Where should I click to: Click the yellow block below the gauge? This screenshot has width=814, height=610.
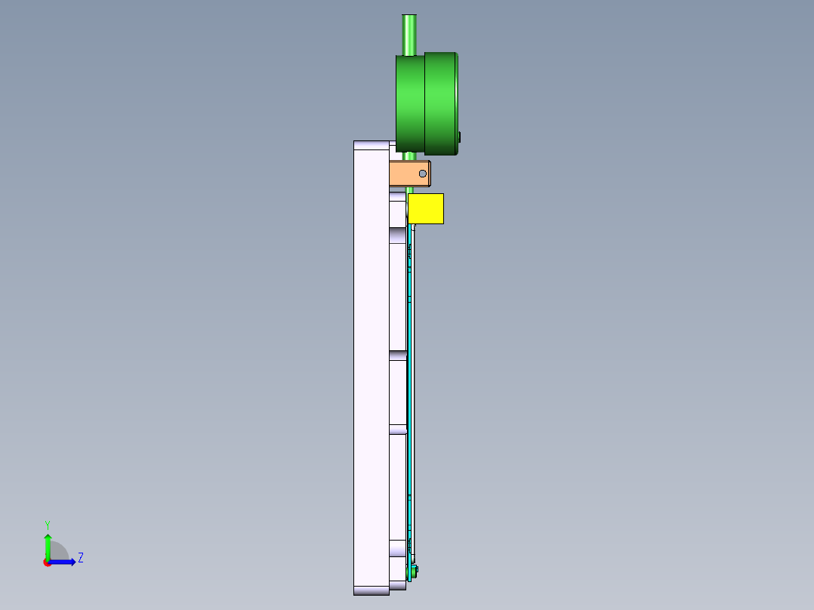tap(425, 208)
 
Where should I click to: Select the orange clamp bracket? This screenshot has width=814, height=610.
tap(404, 174)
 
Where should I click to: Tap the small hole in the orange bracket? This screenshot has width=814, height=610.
tap(423, 174)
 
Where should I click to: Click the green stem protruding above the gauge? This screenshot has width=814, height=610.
tap(409, 34)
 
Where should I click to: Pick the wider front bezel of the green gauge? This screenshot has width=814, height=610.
tap(440, 103)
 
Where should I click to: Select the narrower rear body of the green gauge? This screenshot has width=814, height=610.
tap(410, 103)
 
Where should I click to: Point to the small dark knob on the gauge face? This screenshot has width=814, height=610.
tap(460, 137)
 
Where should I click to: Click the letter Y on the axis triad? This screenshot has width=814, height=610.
tap(47, 524)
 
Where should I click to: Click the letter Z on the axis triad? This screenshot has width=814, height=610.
tap(80, 558)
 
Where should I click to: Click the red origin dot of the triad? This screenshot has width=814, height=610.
tap(47, 562)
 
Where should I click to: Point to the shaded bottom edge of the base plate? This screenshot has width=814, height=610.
tap(371, 590)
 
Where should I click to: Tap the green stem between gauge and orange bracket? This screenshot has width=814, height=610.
tap(409, 156)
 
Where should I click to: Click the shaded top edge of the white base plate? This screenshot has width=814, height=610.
tap(371, 144)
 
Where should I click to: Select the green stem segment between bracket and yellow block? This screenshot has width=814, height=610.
tap(410, 189)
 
